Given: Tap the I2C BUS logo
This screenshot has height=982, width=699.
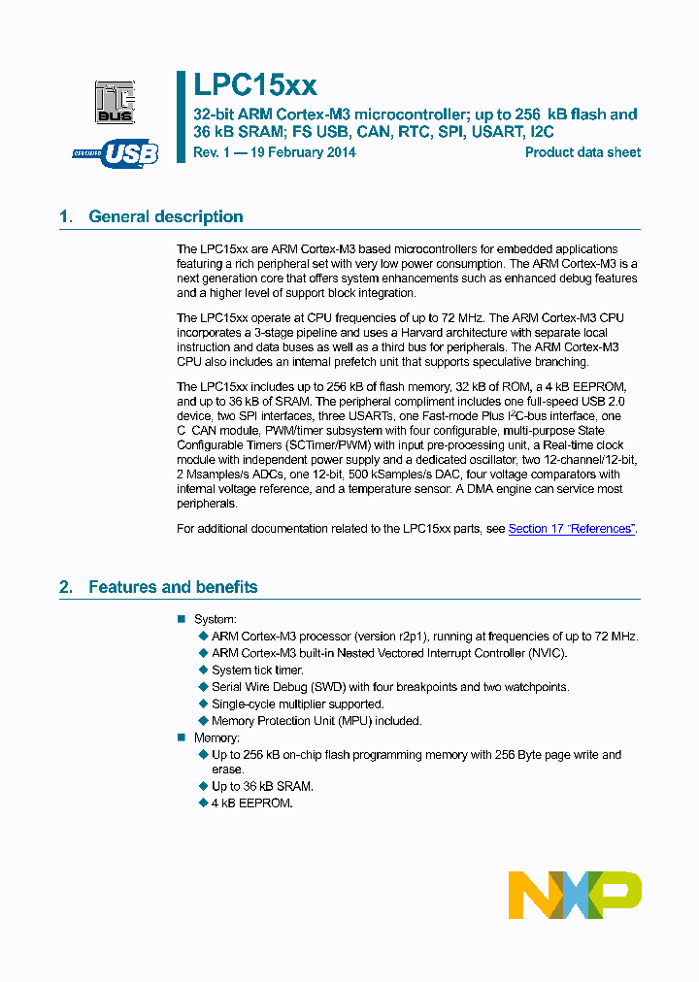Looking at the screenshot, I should (115, 102).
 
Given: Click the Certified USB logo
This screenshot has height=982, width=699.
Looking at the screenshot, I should (116, 153).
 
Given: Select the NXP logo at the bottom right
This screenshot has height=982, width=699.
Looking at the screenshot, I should (575, 895).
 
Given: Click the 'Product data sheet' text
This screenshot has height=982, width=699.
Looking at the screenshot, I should (582, 152).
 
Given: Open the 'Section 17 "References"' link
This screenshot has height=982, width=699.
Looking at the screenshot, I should (571, 529).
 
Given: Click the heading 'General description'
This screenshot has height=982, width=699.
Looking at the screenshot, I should (165, 216).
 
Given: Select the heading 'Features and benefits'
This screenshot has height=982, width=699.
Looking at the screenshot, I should (173, 587).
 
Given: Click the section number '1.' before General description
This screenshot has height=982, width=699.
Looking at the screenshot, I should (66, 216).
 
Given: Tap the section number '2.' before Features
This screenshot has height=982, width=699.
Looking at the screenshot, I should (66, 587).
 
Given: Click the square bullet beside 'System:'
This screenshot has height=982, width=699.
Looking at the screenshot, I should (181, 619).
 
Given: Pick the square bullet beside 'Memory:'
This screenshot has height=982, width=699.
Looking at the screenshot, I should (181, 737).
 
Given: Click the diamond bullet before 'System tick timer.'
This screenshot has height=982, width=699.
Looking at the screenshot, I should (203, 670).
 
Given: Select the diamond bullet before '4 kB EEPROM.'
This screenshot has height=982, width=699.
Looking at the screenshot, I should (203, 803).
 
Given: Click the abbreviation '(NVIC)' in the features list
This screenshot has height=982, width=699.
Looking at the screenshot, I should (546, 653).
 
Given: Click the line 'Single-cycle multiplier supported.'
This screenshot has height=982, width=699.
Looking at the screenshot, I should (297, 704).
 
